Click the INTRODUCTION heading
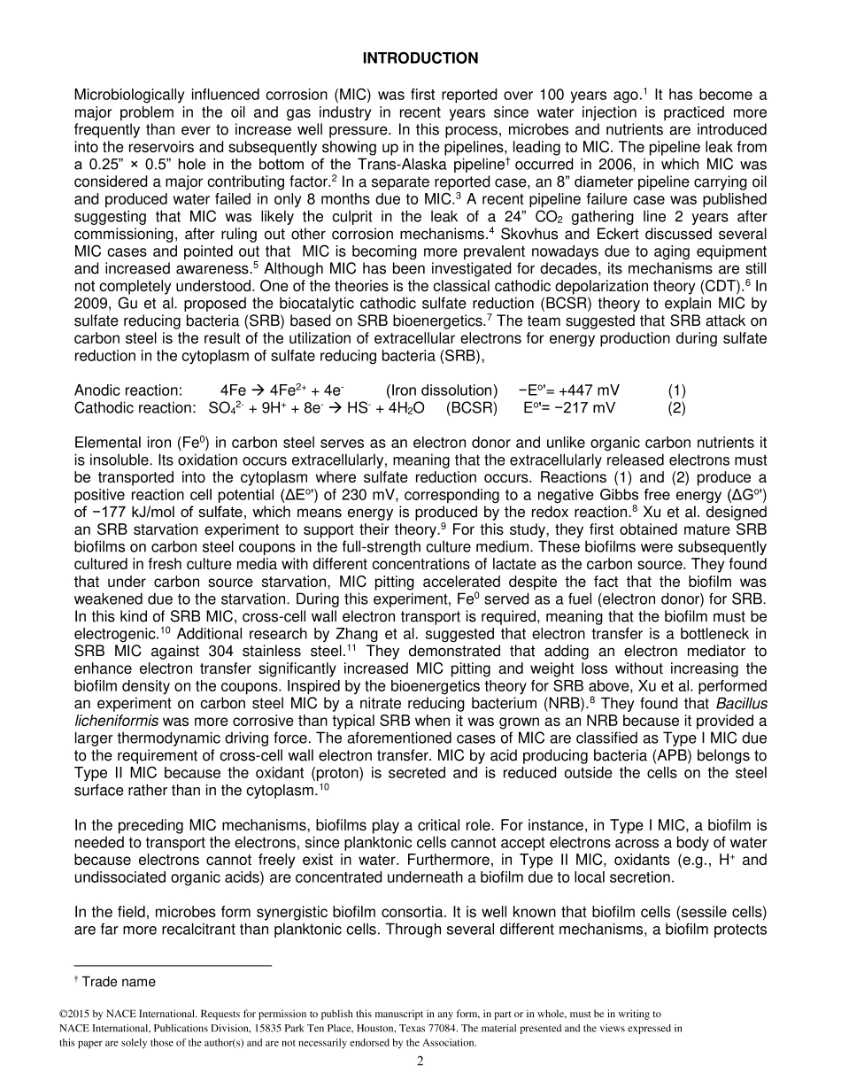point(420,58)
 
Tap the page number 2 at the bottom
point(420,1062)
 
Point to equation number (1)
point(676,390)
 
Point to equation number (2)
point(676,407)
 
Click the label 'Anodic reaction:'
point(128,390)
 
